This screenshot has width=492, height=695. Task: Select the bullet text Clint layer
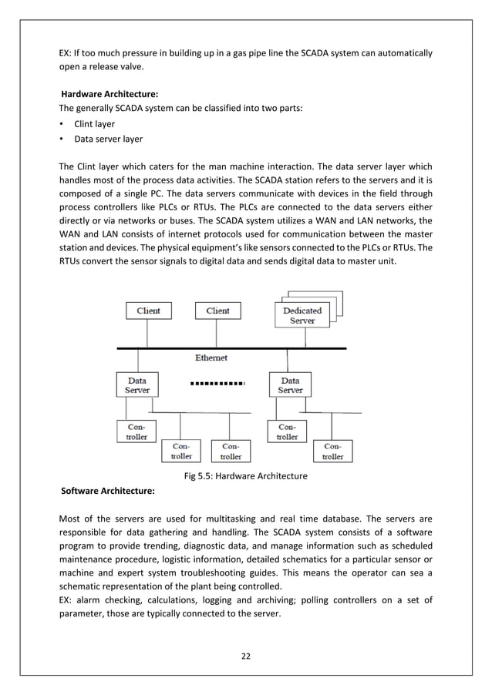click(95, 123)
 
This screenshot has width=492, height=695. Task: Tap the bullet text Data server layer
click(108, 139)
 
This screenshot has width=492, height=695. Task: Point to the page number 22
click(246, 656)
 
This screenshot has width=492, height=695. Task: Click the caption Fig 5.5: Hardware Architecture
click(246, 475)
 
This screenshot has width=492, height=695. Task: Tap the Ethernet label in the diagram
click(211, 358)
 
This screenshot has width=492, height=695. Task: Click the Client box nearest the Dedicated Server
click(217, 311)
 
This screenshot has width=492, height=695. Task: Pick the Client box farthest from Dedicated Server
click(148, 311)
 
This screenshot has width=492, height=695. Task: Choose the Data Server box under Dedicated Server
click(290, 385)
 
